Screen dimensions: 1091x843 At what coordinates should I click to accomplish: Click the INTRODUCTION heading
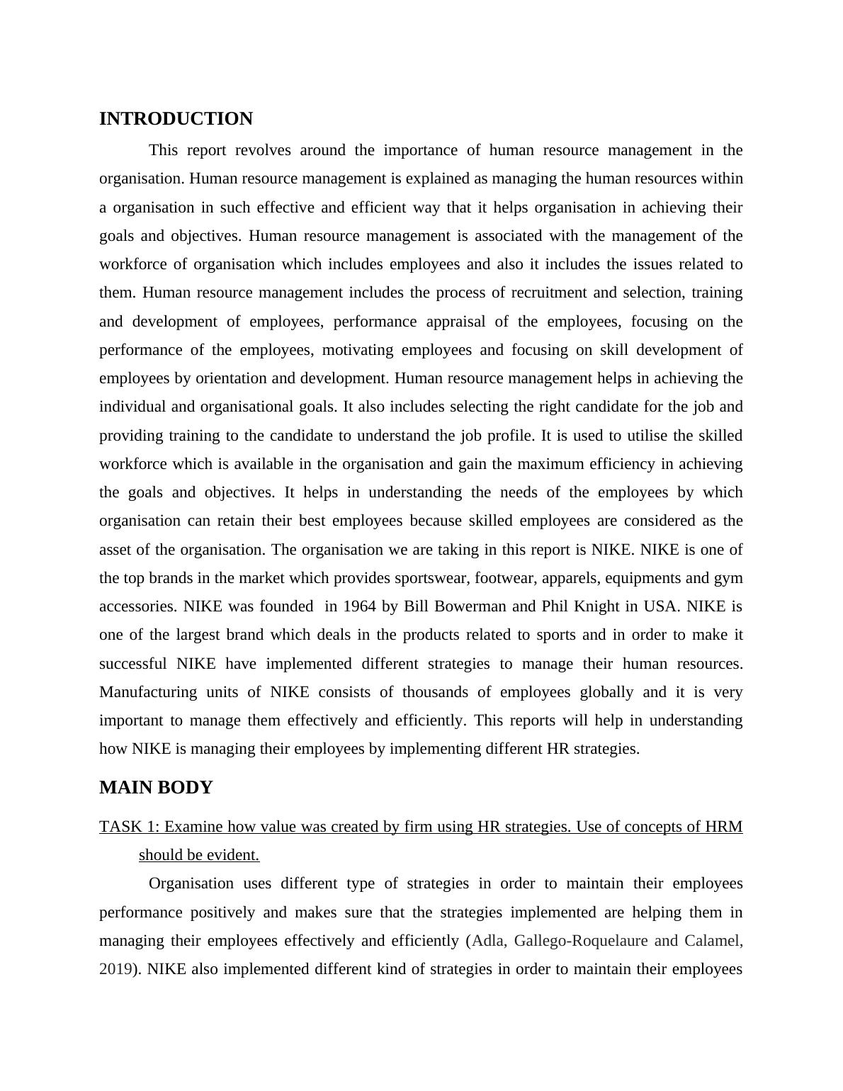(176, 119)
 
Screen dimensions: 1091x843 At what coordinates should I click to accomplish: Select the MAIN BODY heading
(156, 788)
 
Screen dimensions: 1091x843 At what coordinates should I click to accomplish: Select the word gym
(729, 578)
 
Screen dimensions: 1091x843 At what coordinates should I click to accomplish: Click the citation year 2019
(115, 969)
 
